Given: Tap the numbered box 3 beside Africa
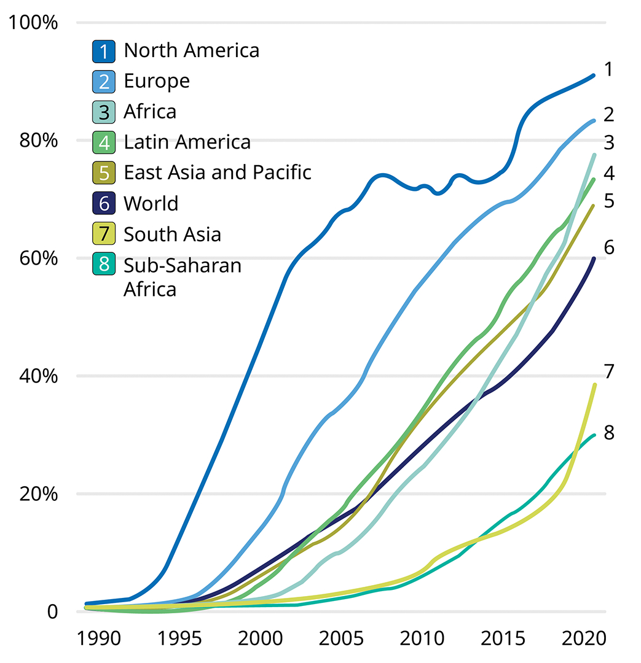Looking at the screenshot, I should [x=104, y=112].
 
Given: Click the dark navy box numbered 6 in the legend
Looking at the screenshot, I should [x=104, y=203].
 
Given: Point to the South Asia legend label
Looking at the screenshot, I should [x=172, y=234].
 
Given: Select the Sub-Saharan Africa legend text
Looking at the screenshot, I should [x=182, y=276].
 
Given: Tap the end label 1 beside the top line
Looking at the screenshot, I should [x=608, y=69].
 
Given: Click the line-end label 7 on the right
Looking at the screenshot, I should [x=608, y=371].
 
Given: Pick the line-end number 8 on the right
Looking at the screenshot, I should [x=608, y=433].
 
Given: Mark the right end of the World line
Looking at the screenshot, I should [x=594, y=258].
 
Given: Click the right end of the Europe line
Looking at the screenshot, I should [x=594, y=120].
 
